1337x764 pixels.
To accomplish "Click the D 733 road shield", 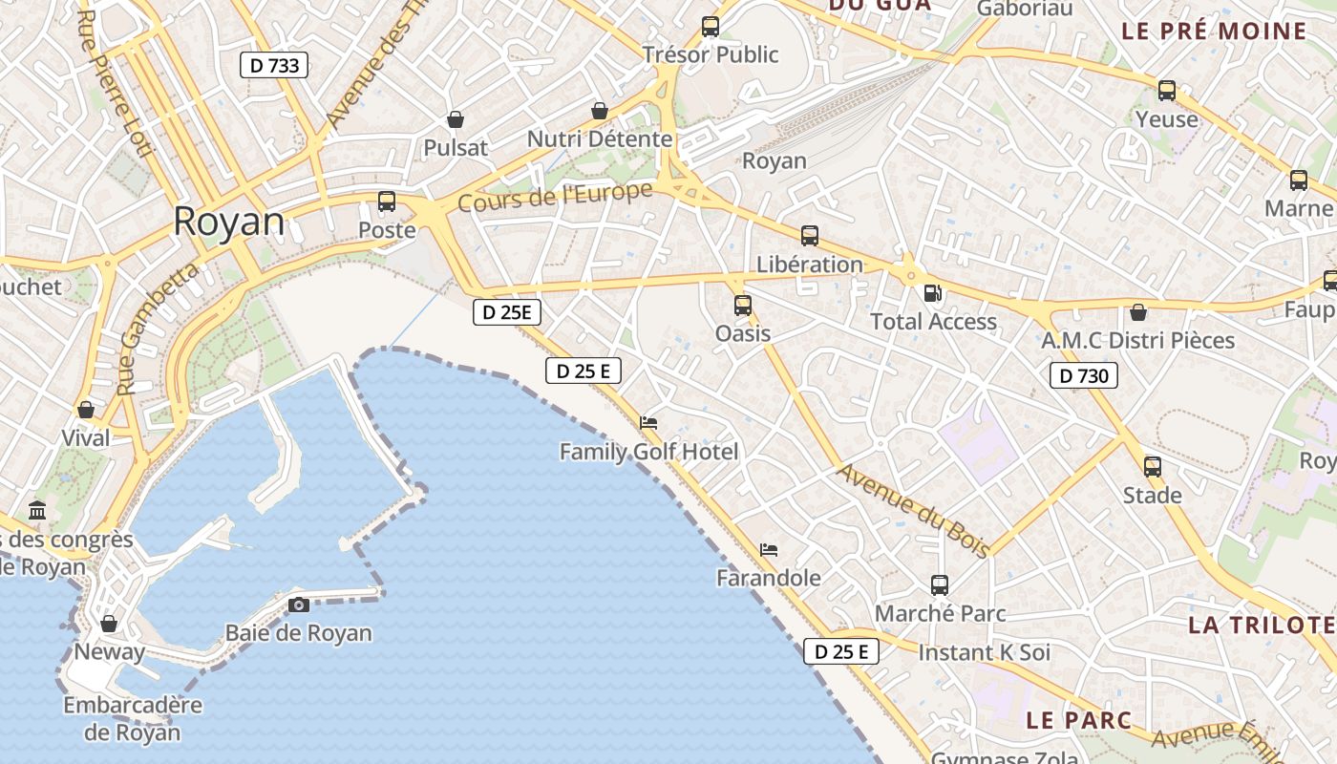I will (x=274, y=65).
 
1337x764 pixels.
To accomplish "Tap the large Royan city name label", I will (x=229, y=222).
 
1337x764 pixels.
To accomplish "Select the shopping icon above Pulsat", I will (x=456, y=119).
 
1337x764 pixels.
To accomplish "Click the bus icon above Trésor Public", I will (x=710, y=27).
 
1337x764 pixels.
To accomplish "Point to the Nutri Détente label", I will (x=600, y=139).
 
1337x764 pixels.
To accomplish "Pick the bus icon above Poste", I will (x=387, y=202).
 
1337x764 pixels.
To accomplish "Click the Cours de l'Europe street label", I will (x=555, y=197).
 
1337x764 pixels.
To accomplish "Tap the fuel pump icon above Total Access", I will (x=932, y=293).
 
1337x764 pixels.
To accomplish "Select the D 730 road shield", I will (x=1084, y=375).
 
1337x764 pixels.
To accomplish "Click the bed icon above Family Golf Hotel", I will (x=648, y=422).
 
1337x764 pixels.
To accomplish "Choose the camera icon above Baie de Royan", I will (x=299, y=605).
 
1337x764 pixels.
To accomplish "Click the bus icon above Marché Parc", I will (x=940, y=584).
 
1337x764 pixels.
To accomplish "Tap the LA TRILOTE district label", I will (x=1261, y=626).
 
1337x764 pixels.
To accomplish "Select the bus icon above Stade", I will (x=1153, y=467).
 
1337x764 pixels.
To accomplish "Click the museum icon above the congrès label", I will (x=38, y=511).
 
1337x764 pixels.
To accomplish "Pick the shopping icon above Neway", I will (x=109, y=624).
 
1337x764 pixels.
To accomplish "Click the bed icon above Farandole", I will (x=769, y=549).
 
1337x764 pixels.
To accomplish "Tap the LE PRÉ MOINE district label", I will (x=1214, y=31).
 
